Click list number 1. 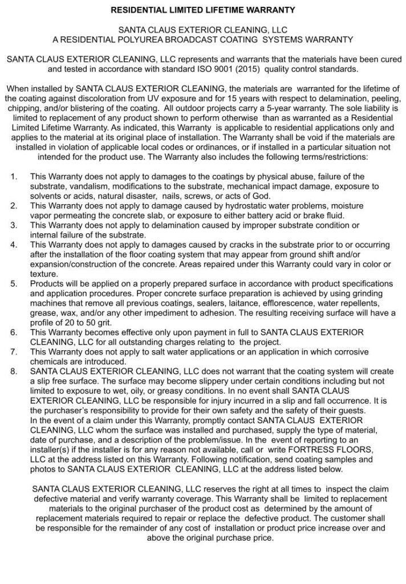(x=14, y=176)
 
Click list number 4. (x=14, y=245)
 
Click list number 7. (x=14, y=352)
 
